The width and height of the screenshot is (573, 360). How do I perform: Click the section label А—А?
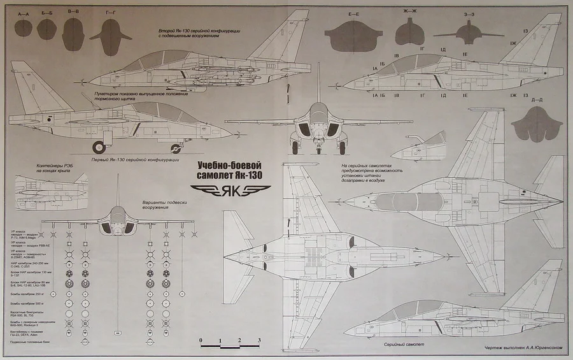point(25,13)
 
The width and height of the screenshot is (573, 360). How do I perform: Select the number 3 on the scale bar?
point(259,340)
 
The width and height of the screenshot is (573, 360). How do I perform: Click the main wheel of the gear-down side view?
point(99,147)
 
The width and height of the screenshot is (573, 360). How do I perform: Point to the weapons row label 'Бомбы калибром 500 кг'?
point(25,304)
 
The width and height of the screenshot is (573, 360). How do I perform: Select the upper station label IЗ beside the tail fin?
point(525,31)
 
